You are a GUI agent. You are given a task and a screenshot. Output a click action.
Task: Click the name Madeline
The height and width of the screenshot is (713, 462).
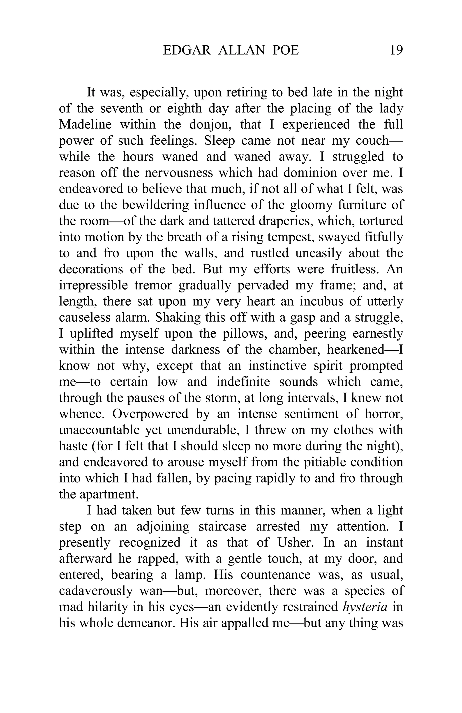tap(85, 124)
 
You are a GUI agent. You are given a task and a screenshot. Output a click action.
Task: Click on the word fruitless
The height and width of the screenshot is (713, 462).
tap(355, 269)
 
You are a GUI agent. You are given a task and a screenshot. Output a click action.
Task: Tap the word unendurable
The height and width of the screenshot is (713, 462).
tap(202, 430)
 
